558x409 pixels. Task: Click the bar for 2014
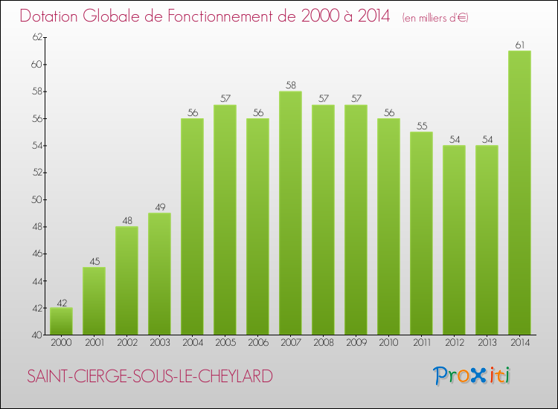[x=519, y=193]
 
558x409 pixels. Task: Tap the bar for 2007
[x=290, y=213]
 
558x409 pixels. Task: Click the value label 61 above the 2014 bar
[x=519, y=45]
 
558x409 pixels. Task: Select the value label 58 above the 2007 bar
[x=290, y=86]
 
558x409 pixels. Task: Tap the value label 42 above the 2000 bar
[x=61, y=302]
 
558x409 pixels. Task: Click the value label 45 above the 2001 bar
[x=94, y=261]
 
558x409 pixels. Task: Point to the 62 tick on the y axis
[x=35, y=37]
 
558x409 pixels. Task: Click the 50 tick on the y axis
[x=35, y=199]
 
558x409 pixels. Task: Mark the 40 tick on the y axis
[x=35, y=335]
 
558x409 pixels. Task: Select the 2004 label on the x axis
[x=192, y=343]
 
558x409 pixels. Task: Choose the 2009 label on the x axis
[x=356, y=343]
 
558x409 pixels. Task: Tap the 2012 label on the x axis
[x=454, y=343]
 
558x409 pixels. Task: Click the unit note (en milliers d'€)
[x=435, y=17]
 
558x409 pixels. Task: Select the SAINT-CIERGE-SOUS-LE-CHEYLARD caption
[x=149, y=376]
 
